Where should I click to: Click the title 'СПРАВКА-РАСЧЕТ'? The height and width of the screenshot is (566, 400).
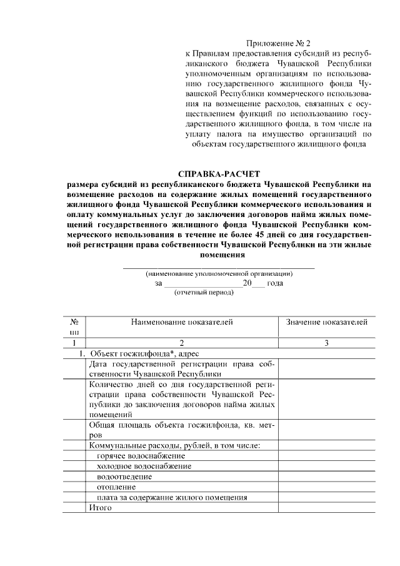(218, 173)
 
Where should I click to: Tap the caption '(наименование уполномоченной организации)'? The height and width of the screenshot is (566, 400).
(219, 274)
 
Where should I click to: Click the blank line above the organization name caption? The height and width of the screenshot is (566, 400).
(219, 268)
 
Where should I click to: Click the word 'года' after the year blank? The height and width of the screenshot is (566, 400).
(275, 283)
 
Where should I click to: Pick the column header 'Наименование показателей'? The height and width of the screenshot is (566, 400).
(181, 322)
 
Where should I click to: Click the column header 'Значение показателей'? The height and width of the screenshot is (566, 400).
(326, 322)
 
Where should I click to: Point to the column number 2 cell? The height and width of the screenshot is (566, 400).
(181, 343)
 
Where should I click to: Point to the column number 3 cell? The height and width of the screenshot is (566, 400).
(326, 343)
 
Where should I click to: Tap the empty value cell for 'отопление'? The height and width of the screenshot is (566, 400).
(326, 486)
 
